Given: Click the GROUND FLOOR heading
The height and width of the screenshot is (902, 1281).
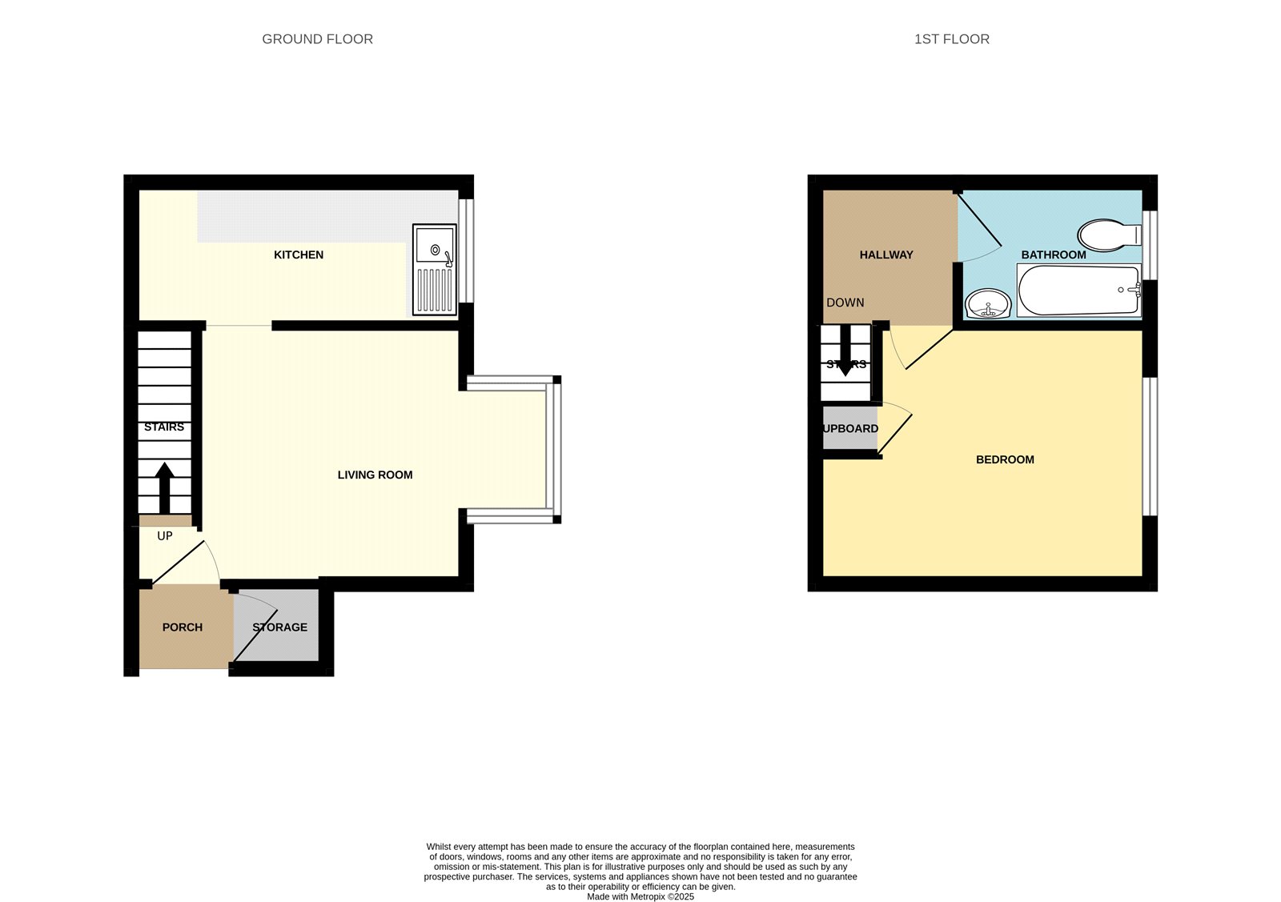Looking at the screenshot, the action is tap(317, 39).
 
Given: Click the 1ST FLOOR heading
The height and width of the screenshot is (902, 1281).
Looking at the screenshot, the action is tap(952, 39).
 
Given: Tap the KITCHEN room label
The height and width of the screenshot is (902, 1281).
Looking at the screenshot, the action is tap(299, 255).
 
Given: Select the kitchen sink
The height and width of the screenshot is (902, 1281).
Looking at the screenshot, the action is tap(435, 270).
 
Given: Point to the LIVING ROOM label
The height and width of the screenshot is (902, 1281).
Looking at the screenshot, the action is tap(375, 475).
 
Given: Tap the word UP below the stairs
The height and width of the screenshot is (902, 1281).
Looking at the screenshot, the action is tap(165, 536).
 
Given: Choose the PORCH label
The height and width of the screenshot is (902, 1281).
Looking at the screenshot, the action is tap(183, 627).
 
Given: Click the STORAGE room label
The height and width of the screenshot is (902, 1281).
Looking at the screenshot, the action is tap(280, 627).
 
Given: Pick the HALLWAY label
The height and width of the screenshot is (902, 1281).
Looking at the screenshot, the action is tap(886, 255).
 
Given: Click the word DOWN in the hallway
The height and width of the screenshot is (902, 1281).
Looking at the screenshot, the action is tap(845, 303).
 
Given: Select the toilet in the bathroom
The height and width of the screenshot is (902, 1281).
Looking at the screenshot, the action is tap(1110, 235).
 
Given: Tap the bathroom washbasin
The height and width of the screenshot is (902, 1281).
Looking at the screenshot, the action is tap(988, 303).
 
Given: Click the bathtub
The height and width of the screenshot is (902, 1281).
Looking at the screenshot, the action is tap(1078, 290).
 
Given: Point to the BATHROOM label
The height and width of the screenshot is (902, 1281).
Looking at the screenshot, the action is tap(1054, 255).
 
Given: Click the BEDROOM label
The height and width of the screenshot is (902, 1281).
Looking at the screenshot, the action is tap(1005, 459).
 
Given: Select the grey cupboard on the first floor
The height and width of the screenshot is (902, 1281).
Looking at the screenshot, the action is tap(849, 428).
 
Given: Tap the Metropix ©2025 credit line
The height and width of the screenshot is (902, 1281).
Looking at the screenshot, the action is tap(640, 897).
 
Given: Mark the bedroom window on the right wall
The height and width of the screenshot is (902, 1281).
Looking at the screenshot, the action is tap(1150, 447).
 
